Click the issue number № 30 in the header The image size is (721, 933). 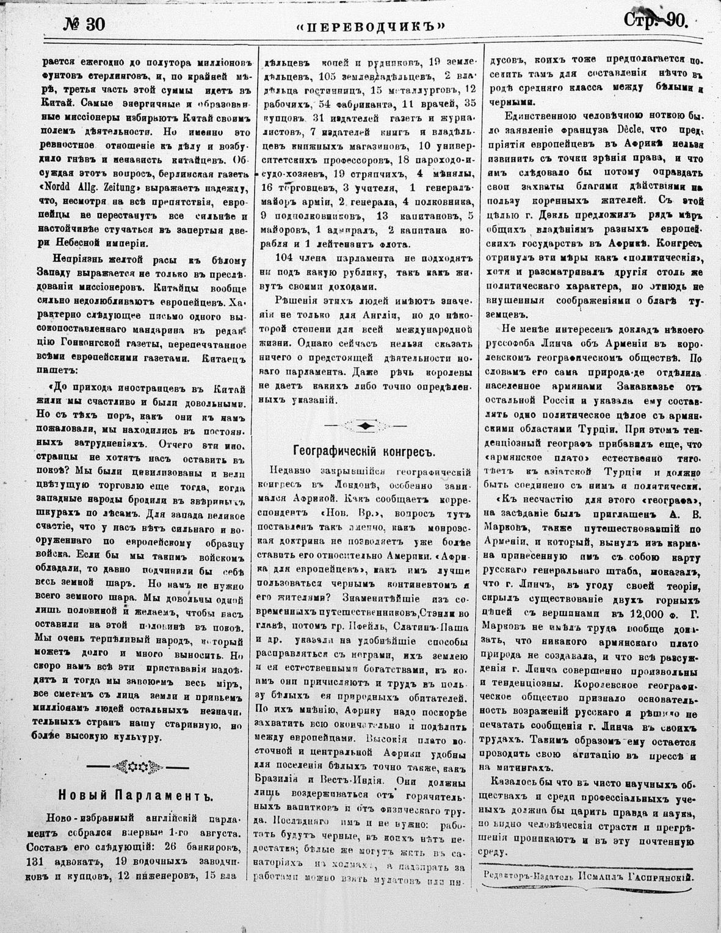click(x=84, y=24)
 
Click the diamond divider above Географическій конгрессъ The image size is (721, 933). click(x=364, y=425)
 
